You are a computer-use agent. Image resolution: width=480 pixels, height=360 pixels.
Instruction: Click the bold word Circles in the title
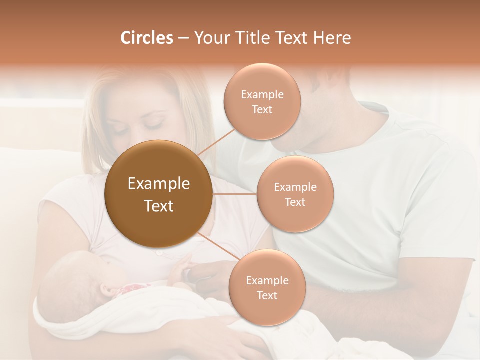147,38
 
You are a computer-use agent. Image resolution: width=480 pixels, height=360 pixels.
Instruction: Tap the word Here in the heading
333,38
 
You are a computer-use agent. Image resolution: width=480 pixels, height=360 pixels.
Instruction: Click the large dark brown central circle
159,194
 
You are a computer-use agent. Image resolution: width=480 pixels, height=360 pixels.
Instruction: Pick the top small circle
262,101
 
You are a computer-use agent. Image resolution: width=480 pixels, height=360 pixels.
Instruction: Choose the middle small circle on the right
295,194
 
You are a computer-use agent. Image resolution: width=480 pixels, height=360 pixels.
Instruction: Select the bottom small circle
267,287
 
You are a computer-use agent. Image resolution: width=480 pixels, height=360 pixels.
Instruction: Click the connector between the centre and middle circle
235,194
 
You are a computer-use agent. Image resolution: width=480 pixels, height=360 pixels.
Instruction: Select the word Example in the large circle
159,183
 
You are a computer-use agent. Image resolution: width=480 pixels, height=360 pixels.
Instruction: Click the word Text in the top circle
262,109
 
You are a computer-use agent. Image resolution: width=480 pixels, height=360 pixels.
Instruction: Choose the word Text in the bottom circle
267,295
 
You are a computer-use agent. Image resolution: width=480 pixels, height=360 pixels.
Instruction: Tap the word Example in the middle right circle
295,187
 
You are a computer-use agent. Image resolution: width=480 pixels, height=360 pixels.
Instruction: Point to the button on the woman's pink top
159,253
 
